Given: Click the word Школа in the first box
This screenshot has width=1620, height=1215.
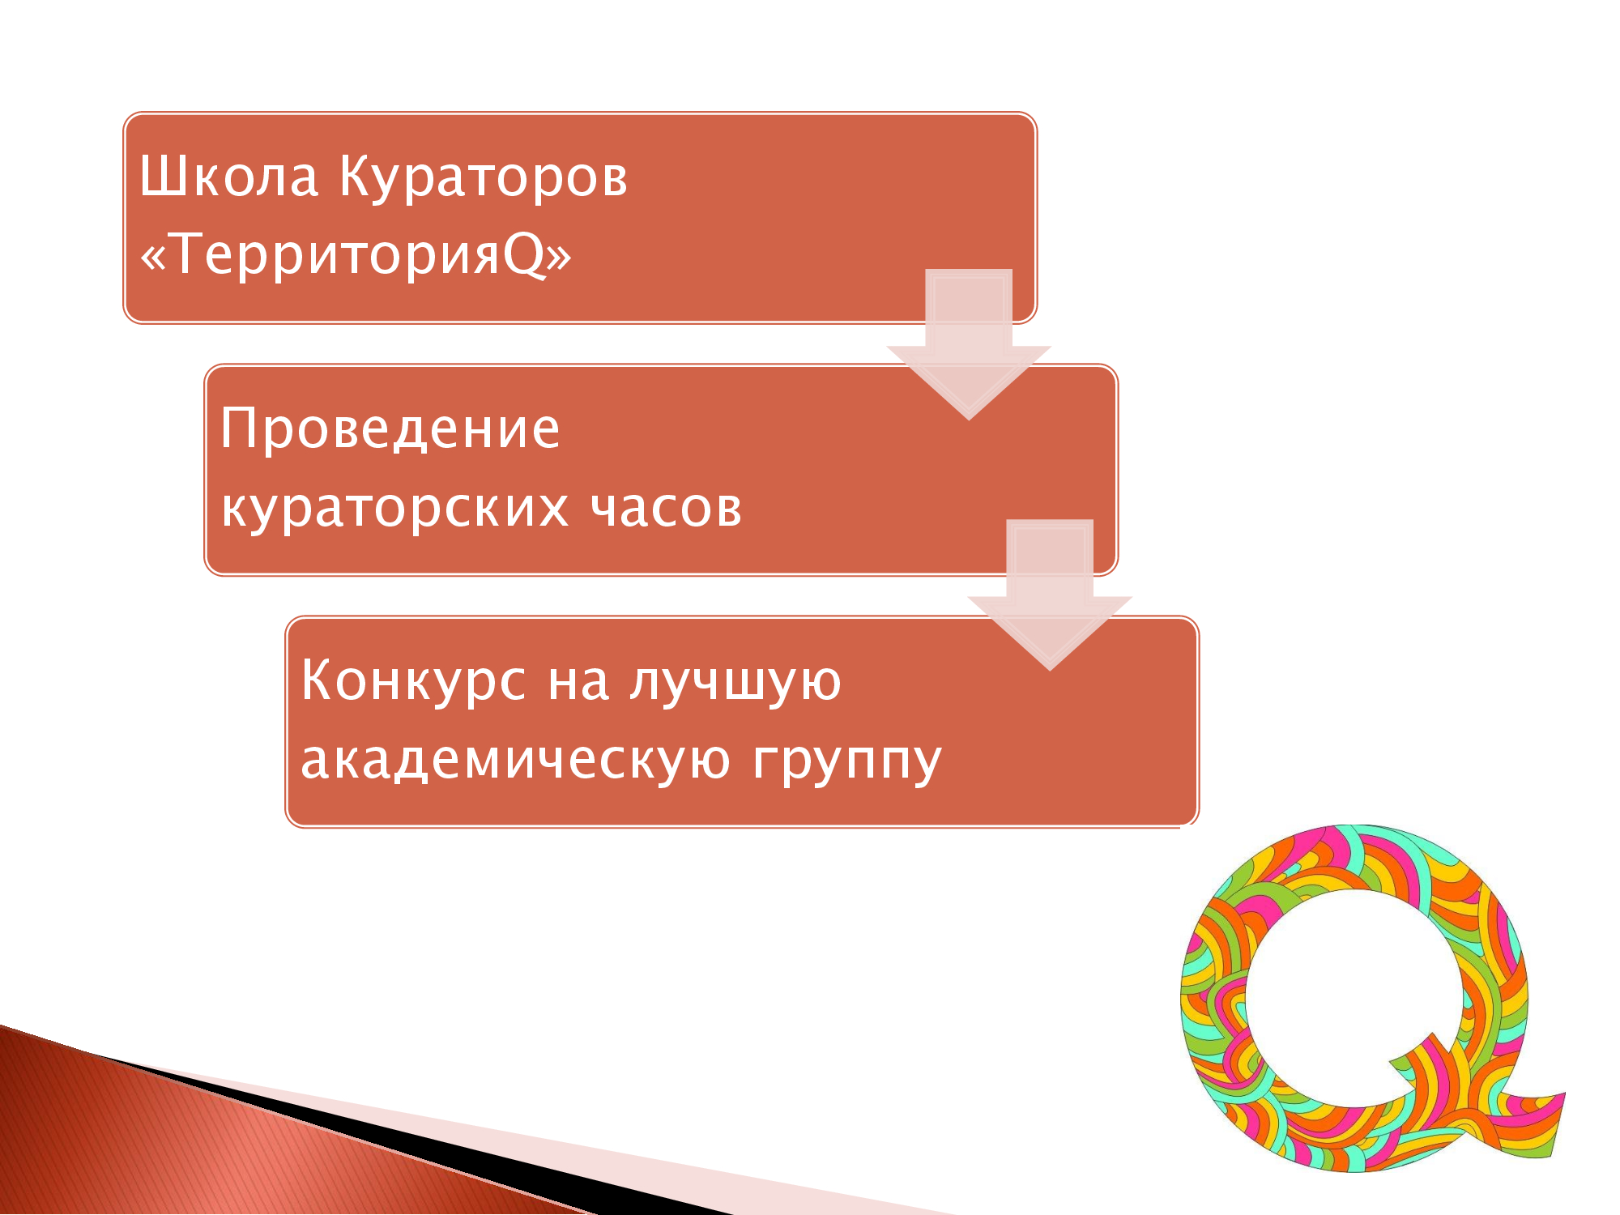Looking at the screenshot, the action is pos(229,176).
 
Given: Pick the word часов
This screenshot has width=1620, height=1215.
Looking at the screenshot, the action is pos(666,509).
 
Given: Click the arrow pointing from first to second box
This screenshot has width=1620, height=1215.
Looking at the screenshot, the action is pos(969,344).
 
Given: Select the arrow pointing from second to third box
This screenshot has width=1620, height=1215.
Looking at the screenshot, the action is pos(1050,595).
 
